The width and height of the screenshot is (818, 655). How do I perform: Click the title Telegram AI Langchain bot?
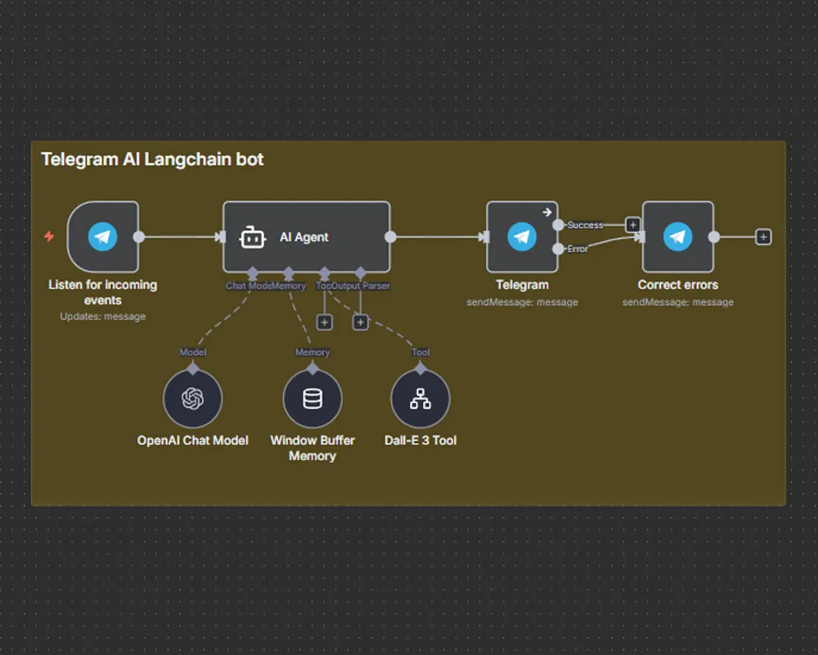152,159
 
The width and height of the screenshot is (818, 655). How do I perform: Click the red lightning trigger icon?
49,236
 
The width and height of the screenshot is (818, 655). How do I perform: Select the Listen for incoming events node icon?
103,236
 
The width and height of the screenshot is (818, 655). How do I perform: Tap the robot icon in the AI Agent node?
252,237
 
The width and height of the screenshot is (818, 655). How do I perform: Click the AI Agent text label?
304,237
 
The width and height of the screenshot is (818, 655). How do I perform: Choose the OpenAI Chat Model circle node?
193,398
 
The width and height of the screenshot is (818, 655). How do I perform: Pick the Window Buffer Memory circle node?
312,398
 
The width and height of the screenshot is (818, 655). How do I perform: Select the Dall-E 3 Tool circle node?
420,398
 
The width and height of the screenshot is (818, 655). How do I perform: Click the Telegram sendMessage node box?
522,236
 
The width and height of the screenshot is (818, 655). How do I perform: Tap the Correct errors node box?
677,236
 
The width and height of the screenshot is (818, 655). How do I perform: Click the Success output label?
585,225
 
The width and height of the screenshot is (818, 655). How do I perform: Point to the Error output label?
578,249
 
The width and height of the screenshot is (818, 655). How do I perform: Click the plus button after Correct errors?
763,236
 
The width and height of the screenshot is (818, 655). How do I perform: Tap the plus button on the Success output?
632,224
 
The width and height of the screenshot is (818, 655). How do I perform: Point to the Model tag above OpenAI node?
193,352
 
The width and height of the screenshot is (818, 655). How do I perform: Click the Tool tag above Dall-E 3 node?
420,352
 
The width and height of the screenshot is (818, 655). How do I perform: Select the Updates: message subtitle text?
103,316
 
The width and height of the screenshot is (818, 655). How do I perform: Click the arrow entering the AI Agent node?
220,237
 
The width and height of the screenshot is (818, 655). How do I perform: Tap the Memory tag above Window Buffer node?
312,352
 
